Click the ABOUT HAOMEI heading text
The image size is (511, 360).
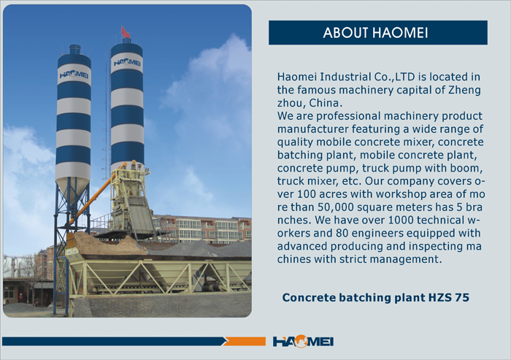tap(375, 33)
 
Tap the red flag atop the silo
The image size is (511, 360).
tap(126, 32)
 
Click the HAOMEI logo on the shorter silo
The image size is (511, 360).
tap(74, 74)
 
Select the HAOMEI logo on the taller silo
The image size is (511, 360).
tap(127, 62)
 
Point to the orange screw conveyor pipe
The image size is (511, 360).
tap(97, 195)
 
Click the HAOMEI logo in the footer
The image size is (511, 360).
tap(303, 341)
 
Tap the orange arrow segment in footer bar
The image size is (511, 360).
tap(244, 342)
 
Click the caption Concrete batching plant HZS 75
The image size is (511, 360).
tap(375, 297)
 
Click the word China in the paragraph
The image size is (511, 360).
tap(324, 103)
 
